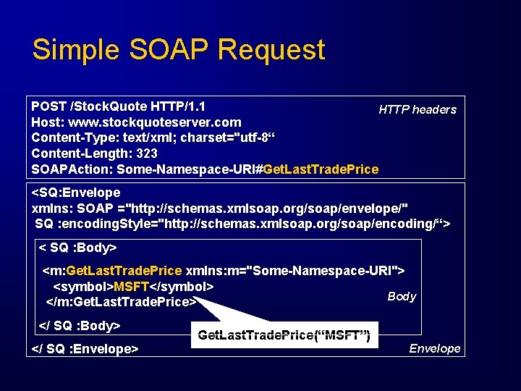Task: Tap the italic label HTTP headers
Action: [418, 109]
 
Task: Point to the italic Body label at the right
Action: [402, 296]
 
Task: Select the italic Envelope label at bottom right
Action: [434, 348]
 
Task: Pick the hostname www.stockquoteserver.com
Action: [154, 122]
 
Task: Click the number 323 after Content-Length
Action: [145, 154]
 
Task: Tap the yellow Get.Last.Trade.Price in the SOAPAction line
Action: [321, 169]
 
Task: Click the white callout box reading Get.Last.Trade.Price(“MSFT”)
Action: [284, 335]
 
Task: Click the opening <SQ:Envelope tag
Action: [76, 193]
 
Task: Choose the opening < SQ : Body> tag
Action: [77, 248]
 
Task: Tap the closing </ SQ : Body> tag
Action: [79, 325]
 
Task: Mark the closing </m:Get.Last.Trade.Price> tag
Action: [121, 301]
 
